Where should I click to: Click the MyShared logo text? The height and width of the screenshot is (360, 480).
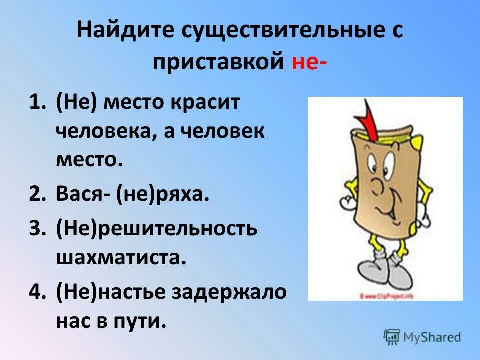tap(432, 336)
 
